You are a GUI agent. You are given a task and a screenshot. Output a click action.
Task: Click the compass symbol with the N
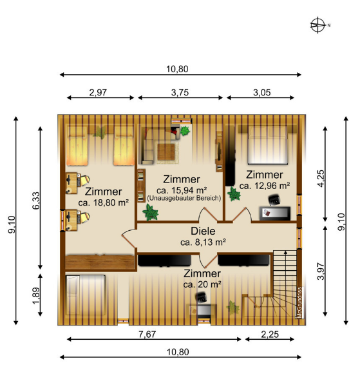[317, 25]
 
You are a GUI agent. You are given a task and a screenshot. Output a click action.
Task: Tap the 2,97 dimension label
[98, 93]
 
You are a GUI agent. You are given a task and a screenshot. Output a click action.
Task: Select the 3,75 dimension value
[180, 93]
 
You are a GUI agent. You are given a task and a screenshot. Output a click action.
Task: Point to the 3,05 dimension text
[262, 93]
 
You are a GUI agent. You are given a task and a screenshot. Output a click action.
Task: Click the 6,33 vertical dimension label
[36, 201]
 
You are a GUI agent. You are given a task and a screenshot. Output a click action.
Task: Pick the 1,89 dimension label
[36, 296]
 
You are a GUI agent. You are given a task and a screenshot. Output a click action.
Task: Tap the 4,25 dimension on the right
[321, 178]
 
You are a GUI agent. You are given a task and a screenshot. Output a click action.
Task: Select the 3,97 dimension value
[321, 271]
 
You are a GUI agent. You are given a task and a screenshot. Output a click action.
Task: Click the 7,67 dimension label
[147, 334]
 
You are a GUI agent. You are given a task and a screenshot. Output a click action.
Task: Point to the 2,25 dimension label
[270, 334]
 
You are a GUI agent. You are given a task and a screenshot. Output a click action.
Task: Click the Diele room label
[203, 231]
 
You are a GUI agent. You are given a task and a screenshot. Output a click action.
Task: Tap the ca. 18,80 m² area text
[104, 202]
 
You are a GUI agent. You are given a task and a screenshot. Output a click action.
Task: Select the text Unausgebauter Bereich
[184, 198]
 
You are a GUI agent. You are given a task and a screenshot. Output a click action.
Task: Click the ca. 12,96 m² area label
[265, 186]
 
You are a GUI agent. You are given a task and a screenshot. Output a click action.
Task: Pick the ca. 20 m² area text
[202, 284]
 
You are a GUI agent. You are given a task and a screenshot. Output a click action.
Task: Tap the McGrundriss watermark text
[299, 302]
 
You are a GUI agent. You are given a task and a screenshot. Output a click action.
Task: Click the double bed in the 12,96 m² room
[267, 145]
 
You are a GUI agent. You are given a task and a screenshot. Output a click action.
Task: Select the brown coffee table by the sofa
[166, 152]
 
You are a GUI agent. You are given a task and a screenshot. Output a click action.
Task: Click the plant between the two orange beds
[100, 132]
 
